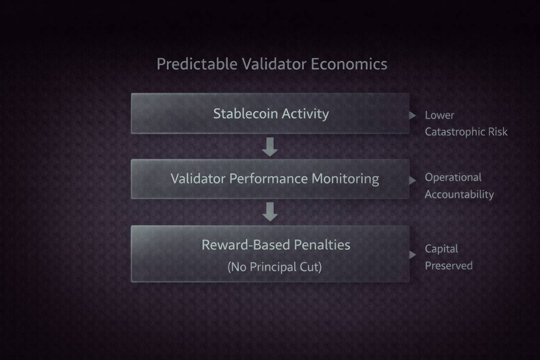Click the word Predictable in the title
tap(197, 64)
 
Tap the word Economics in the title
tap(349, 64)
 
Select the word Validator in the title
tap(274, 64)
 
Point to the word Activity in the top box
tap(305, 114)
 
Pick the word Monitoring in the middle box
tap(346, 179)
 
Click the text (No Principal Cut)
tap(275, 267)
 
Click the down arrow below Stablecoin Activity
tap(269, 147)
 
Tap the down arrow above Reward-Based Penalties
tap(269, 211)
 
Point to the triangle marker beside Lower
tap(412, 115)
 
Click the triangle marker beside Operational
tap(412, 180)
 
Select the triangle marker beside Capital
tap(412, 254)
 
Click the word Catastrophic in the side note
tap(455, 132)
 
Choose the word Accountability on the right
tap(459, 194)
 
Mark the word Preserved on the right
tap(449, 265)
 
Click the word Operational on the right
tap(453, 177)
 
